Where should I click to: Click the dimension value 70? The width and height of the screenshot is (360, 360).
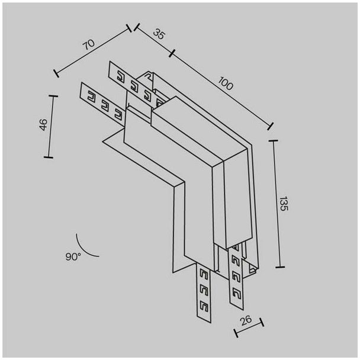[x=89, y=44]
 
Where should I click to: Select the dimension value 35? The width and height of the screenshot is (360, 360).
[x=159, y=34]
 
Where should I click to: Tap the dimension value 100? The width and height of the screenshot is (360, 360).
[x=226, y=83]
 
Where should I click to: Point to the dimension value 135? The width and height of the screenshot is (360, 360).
[x=284, y=204]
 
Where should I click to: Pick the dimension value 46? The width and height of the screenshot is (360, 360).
[x=43, y=125]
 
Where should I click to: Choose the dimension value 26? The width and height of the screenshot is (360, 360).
[x=246, y=320]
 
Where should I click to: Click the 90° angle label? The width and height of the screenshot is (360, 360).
[x=73, y=256]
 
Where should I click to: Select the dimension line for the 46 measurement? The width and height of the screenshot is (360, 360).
[x=51, y=127]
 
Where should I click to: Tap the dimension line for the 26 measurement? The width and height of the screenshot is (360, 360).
[x=249, y=327]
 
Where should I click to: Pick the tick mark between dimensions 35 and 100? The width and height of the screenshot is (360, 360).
[x=172, y=53]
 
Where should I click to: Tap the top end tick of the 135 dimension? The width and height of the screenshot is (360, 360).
[x=273, y=140]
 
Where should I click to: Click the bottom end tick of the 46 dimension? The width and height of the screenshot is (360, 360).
[x=49, y=157]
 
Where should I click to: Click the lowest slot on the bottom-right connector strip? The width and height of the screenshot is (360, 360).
[x=236, y=293]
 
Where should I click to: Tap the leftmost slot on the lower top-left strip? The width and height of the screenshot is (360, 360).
[x=91, y=95]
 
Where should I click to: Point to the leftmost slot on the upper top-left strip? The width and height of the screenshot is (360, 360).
[x=121, y=76]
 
